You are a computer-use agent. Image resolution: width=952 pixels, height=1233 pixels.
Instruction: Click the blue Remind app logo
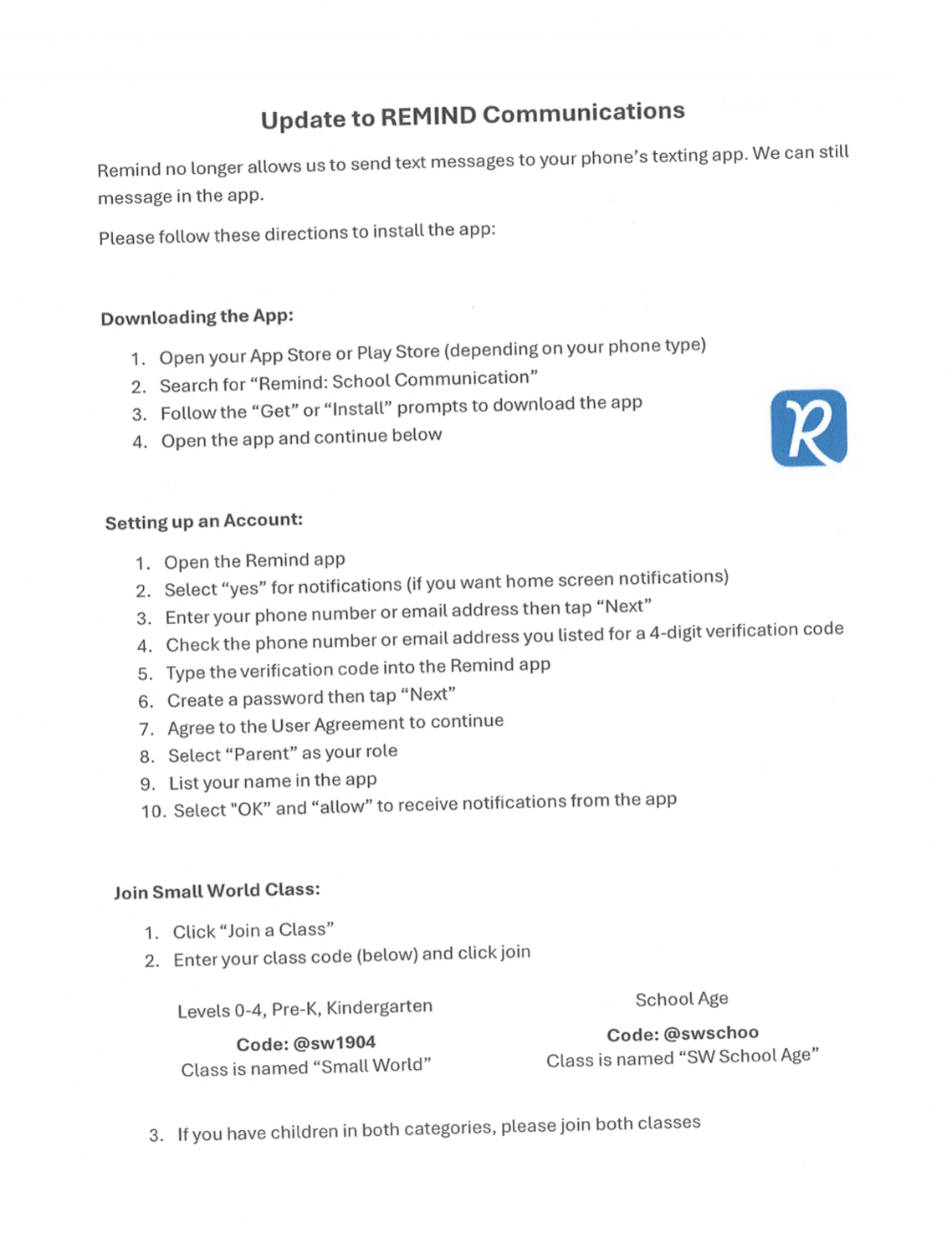808,427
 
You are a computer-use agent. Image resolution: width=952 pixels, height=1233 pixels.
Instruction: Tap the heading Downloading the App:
197,317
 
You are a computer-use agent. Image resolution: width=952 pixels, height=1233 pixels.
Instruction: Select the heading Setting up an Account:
203,521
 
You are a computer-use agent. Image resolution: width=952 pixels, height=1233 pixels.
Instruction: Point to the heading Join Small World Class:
217,891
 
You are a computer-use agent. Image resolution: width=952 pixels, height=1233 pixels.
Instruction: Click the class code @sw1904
334,1043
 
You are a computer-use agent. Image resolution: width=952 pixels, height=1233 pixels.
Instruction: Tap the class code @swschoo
710,1033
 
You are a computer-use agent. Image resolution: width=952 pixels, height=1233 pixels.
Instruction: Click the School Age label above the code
682,999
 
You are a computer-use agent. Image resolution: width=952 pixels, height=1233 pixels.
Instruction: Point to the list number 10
153,811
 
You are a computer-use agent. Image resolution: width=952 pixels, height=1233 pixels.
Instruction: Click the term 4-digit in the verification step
675,632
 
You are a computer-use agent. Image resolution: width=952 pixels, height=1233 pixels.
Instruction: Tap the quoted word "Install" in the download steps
357,408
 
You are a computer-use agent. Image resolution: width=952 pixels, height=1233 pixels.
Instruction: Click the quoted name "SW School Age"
748,1056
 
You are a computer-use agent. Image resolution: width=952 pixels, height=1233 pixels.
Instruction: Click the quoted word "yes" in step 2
242,588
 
